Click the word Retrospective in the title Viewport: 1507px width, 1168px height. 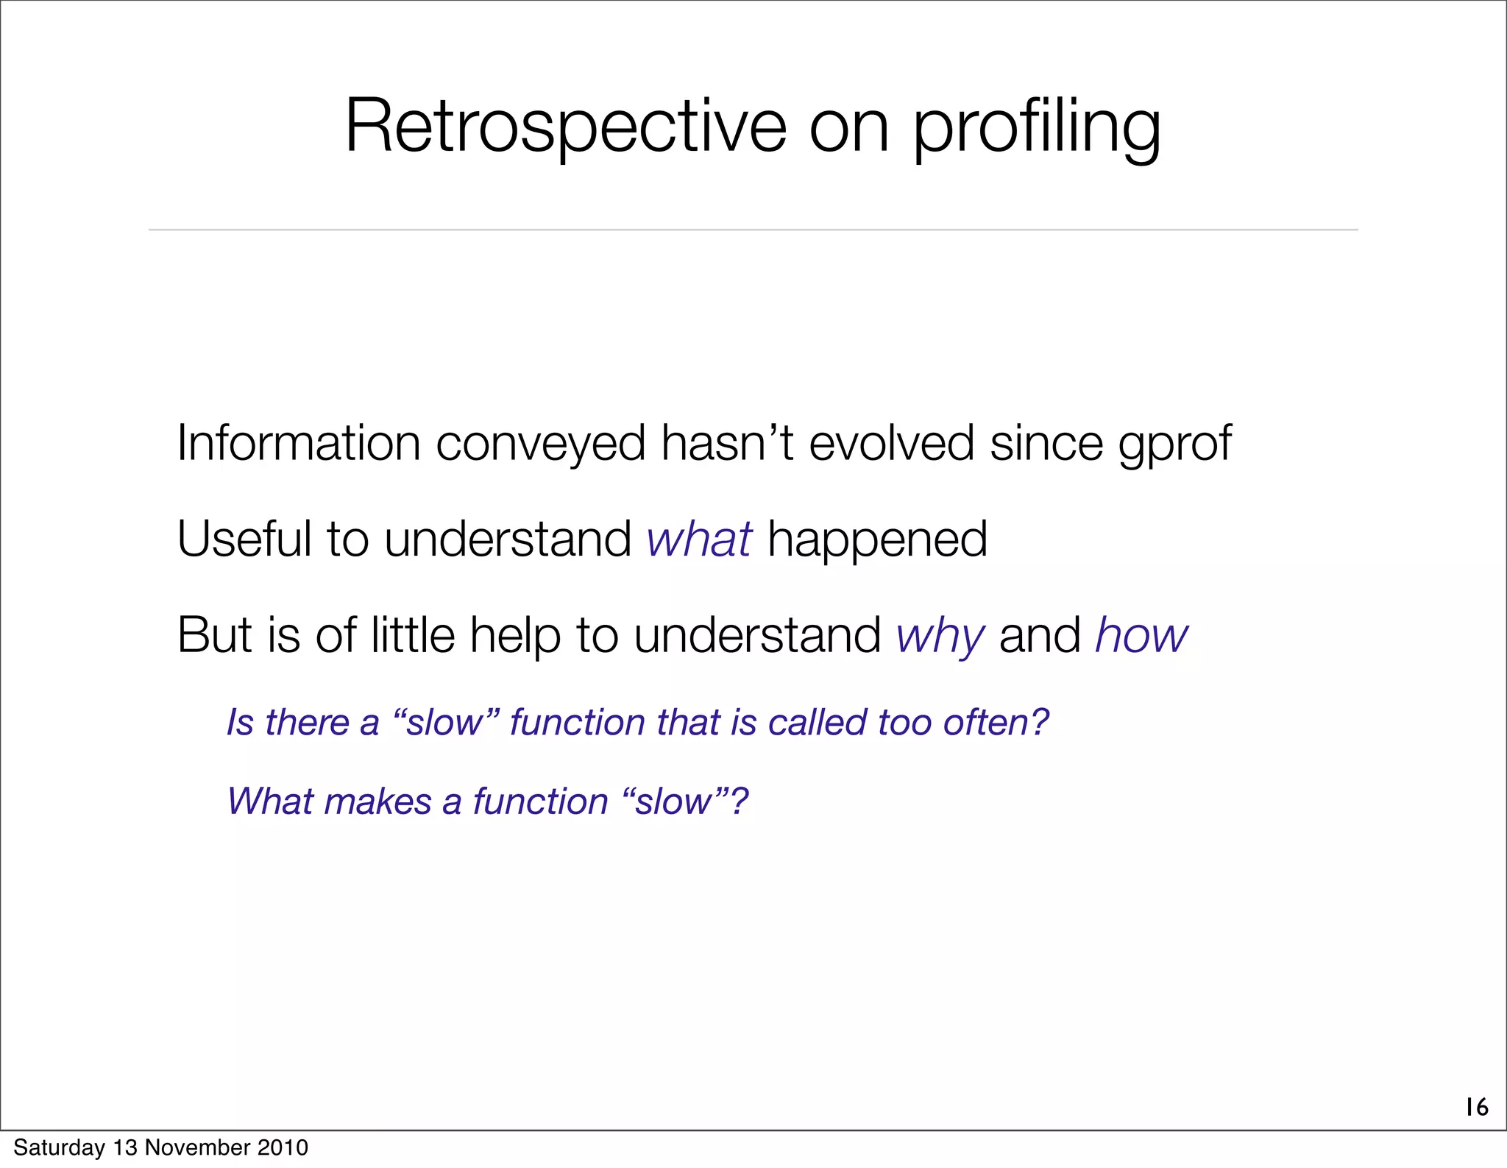coord(565,127)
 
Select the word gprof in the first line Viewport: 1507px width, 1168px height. coord(1174,445)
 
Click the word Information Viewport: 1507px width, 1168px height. coord(298,443)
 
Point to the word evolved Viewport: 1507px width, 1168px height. coord(891,443)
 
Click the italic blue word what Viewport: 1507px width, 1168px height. coord(699,539)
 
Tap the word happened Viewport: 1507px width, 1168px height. coord(877,540)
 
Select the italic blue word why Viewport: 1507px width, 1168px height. coord(940,635)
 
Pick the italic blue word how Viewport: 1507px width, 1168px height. coord(1141,635)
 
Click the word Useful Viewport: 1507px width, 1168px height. coord(244,539)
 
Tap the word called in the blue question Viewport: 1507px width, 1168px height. coord(818,722)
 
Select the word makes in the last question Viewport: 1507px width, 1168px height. coord(377,801)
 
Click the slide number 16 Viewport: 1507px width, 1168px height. coord(1476,1107)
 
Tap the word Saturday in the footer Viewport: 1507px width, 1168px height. coord(59,1147)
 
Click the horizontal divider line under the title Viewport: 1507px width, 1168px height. coord(753,230)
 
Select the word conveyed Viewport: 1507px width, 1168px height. coord(540,443)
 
